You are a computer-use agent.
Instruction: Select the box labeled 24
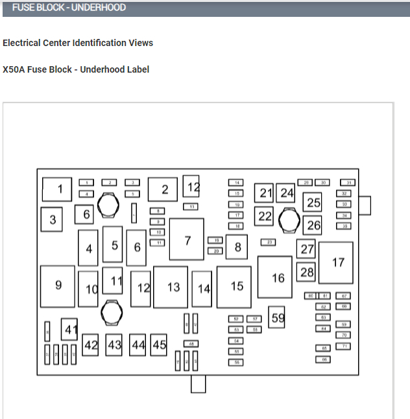click(286, 193)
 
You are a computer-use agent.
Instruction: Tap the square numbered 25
click(313, 203)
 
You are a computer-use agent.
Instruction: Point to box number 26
click(313, 225)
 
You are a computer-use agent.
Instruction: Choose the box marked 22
click(263, 216)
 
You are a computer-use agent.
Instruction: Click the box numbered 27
click(306, 249)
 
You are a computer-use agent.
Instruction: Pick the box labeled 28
click(306, 272)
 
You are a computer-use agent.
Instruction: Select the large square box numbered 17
click(336, 263)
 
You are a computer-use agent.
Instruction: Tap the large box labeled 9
click(58, 285)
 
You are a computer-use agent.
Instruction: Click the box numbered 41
click(69, 329)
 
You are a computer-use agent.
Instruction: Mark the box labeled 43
click(114, 345)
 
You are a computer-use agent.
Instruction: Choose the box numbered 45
click(159, 345)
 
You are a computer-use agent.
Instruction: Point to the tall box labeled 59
click(277, 317)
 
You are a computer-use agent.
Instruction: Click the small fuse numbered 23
click(268, 242)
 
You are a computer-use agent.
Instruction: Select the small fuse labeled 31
click(349, 183)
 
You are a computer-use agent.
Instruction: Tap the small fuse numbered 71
click(344, 346)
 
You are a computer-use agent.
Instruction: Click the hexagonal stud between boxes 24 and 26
click(287, 221)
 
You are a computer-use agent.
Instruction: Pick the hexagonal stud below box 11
click(112, 313)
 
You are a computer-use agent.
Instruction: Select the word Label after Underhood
click(138, 69)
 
